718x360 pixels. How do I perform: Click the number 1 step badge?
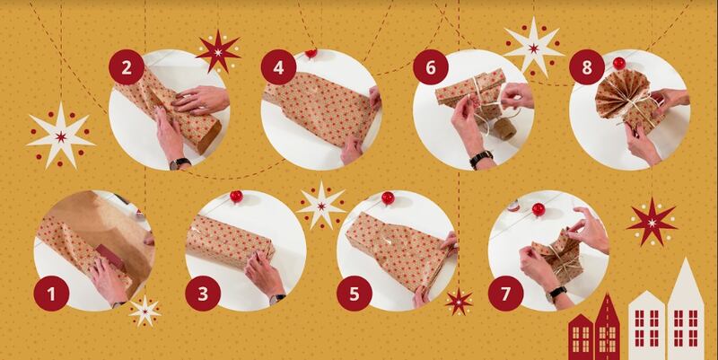(x=51, y=294)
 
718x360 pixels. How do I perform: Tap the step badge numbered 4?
(x=278, y=67)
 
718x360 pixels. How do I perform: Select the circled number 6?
(x=431, y=67)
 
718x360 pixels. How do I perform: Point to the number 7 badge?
(x=505, y=294)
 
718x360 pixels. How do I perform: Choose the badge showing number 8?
(x=587, y=67)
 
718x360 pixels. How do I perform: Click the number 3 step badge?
(x=203, y=294)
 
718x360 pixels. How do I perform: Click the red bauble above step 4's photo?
(x=311, y=53)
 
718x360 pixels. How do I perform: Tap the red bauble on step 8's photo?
(x=619, y=63)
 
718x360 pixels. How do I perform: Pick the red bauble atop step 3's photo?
(x=236, y=197)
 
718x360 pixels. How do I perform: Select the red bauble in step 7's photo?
(x=538, y=210)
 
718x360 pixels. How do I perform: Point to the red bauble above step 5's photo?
(x=388, y=198)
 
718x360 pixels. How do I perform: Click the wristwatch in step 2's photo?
(x=179, y=163)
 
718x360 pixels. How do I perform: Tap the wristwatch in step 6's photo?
(x=481, y=160)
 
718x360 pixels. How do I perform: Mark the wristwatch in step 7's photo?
(x=557, y=292)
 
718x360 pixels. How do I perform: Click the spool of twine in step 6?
(x=503, y=129)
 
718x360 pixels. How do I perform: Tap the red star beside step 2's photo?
(x=218, y=52)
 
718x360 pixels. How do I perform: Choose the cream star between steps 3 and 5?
(x=321, y=206)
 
